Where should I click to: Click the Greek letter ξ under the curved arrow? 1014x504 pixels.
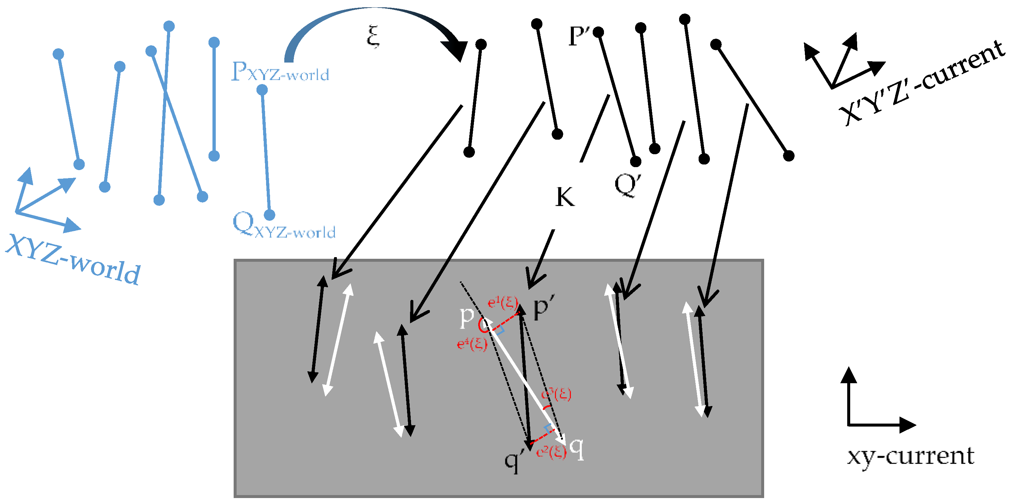coord(373,36)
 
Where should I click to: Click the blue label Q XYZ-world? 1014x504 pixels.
coord(283,225)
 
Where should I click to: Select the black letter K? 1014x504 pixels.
coord(565,197)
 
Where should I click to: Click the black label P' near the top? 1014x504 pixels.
coord(578,36)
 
